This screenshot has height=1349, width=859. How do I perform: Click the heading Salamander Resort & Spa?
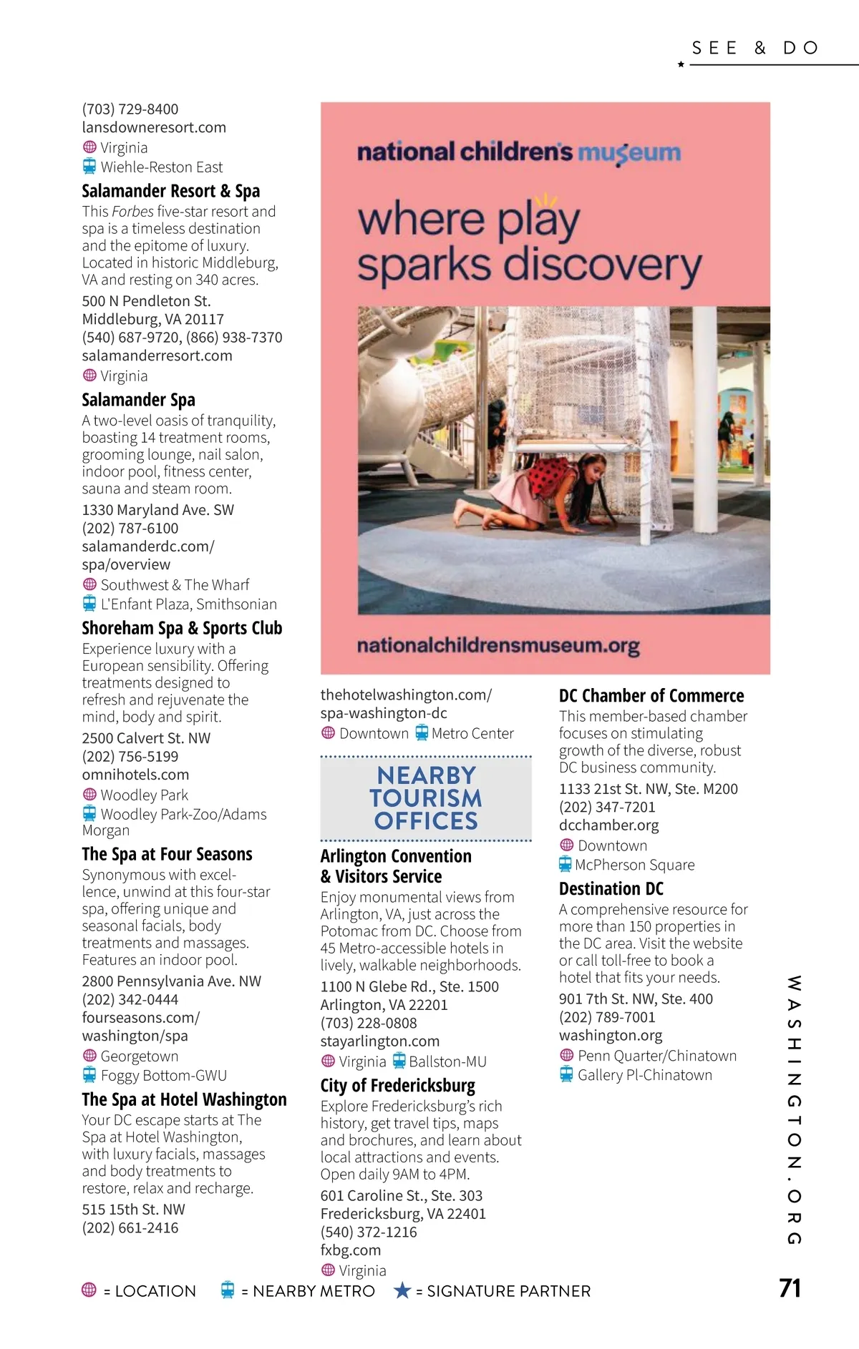(x=170, y=191)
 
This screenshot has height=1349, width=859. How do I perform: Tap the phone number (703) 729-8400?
(x=130, y=109)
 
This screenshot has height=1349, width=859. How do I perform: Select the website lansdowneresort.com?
(x=154, y=127)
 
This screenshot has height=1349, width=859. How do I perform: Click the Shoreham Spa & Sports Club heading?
(x=182, y=628)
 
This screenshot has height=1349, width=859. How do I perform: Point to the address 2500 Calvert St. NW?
(x=146, y=738)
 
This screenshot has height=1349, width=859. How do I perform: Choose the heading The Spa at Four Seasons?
(x=167, y=854)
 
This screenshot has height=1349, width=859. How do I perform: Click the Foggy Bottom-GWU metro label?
(x=163, y=1075)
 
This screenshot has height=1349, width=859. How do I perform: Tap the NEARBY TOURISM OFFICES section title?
(x=426, y=798)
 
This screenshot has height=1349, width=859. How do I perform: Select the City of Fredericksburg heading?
(x=397, y=1086)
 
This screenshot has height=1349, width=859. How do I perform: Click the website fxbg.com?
(x=351, y=1250)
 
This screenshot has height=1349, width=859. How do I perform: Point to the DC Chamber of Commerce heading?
(x=651, y=696)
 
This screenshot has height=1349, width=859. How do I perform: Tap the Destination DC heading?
(x=611, y=889)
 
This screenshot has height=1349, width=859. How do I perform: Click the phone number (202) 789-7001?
(x=607, y=1017)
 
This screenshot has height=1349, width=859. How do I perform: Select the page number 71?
(x=790, y=1288)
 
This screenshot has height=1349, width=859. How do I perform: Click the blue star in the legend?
(x=402, y=1290)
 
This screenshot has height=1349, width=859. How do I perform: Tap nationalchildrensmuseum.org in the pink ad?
(x=498, y=646)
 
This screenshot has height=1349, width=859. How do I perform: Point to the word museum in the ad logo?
(x=629, y=152)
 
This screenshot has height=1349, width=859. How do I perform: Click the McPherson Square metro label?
(x=634, y=865)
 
